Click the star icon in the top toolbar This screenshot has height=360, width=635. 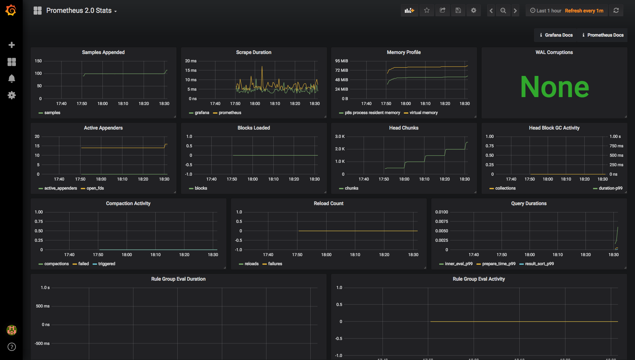427,11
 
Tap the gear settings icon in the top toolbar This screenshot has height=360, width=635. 474,11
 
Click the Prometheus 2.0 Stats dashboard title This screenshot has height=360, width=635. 79,11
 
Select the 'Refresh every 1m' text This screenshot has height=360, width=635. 584,11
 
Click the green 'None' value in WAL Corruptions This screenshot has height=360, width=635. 554,87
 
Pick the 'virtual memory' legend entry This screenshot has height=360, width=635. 423,113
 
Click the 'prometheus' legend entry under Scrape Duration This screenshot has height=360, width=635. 230,113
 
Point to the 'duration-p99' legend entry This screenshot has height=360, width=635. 610,188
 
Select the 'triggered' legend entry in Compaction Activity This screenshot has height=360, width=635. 107,264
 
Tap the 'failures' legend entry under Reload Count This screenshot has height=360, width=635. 275,264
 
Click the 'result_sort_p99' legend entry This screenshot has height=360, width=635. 539,264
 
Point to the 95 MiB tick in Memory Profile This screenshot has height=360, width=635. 341,61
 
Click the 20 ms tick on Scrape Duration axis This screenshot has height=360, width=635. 190,61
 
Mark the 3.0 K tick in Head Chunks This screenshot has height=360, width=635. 340,136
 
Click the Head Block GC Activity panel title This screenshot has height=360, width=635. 554,128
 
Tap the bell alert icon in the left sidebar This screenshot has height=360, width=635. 12,79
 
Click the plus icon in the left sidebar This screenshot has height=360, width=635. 12,45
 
